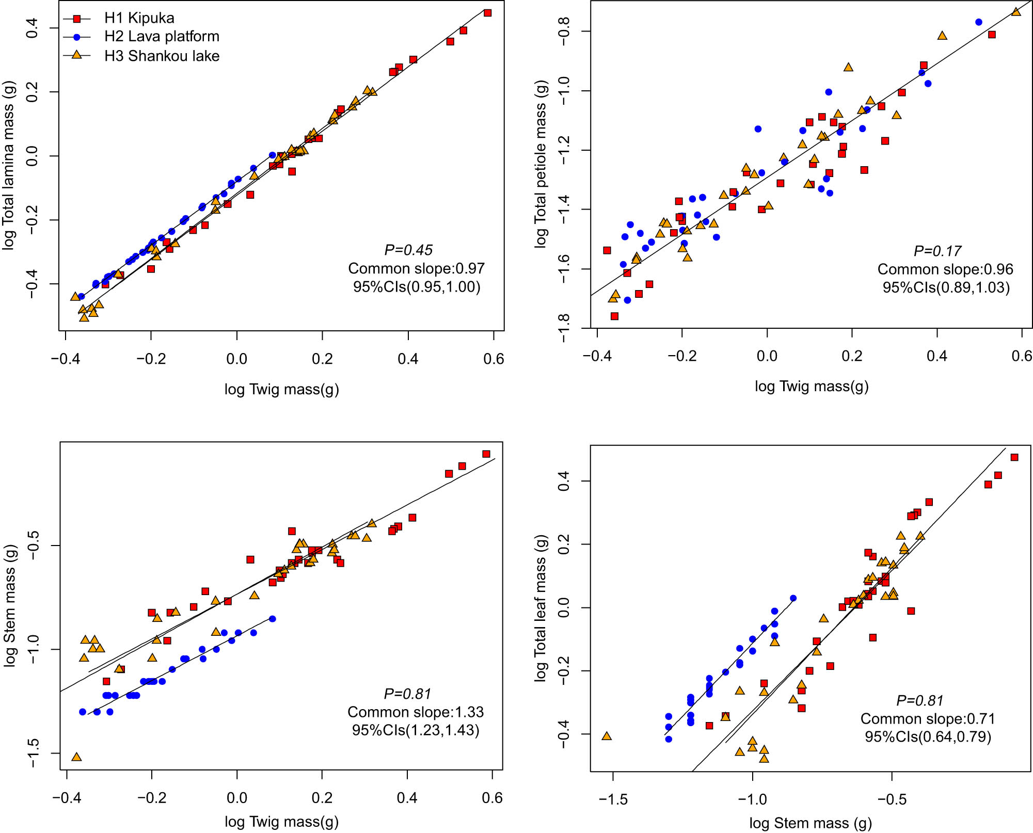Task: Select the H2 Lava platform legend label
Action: coord(162,37)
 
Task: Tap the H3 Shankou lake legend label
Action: coord(162,56)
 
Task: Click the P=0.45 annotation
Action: coord(408,250)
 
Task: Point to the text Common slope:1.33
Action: coord(416,712)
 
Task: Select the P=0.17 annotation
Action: coord(937,251)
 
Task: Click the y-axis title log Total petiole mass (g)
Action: coord(541,164)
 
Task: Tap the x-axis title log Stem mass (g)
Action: coord(810,823)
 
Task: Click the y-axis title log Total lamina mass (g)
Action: coord(9,165)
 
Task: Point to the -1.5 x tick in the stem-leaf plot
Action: coord(613,799)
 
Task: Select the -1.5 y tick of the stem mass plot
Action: coord(32,753)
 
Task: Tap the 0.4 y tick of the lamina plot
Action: coord(32,28)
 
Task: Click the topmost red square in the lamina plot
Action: coord(487,13)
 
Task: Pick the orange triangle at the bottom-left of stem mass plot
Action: coord(76,757)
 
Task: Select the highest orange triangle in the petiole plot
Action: coord(1016,12)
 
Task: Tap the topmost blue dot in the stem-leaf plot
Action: coord(793,598)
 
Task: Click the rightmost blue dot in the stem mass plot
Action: coord(273,619)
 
